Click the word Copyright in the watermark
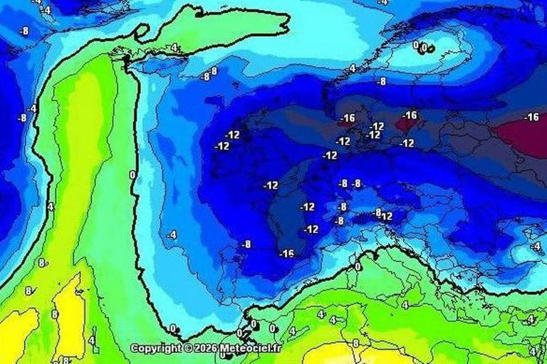156,348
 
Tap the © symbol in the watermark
188,348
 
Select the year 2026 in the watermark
204,348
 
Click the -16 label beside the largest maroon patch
531,117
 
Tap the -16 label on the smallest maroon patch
348,118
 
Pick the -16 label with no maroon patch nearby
286,254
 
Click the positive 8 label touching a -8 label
214,71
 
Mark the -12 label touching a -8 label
386,216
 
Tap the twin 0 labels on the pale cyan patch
421,47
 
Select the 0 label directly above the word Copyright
173,328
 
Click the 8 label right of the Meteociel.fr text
355,343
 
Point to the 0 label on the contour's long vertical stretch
132,175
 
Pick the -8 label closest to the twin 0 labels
382,82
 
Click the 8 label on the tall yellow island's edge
54,314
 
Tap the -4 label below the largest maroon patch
536,246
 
